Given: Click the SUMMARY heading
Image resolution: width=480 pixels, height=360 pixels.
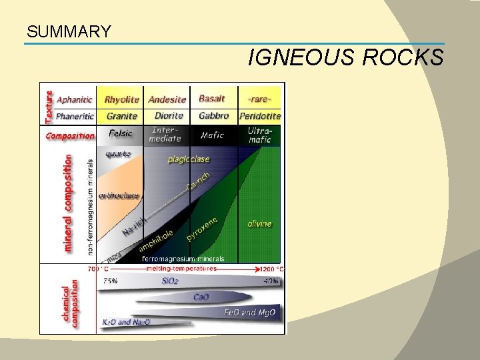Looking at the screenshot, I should tap(69, 31).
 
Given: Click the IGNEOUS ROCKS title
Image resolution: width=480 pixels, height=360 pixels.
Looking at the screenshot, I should tap(345, 59).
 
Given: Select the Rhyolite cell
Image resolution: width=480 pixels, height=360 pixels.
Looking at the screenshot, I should tap(121, 99).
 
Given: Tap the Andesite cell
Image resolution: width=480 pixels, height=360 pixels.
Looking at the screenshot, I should tap(167, 99).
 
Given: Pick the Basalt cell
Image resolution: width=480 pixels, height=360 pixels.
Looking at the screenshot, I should tap(212, 99).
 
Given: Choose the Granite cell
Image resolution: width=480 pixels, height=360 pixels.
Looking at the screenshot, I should tap(121, 116).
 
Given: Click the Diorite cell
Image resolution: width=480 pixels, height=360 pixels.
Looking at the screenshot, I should tap(168, 116).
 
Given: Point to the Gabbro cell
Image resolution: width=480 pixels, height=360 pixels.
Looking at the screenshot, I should tap(213, 116).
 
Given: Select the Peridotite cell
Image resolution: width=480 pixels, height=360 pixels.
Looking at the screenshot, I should tap(260, 116).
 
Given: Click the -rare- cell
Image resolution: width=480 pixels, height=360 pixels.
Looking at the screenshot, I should tap(259, 99).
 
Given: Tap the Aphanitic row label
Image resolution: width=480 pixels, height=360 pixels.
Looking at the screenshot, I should tap(75, 99).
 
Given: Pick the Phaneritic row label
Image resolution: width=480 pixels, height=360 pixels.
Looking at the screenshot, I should tap(75, 116).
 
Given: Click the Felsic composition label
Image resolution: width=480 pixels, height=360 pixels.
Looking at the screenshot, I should tap(121, 133).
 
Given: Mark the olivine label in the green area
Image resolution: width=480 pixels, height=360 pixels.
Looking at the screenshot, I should tap(259, 223).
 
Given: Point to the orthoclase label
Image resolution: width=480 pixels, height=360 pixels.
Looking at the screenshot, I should tap(119, 196).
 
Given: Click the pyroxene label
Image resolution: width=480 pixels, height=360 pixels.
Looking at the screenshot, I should tap(201, 229).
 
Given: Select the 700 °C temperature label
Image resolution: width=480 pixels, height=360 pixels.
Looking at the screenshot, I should tap(97, 269).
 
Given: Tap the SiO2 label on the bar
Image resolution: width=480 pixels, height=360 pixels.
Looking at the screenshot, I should tap(171, 281).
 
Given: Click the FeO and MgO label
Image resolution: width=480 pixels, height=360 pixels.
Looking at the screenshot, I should tap(249, 311).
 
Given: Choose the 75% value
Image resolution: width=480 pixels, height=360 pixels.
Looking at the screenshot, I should tap(111, 281).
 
